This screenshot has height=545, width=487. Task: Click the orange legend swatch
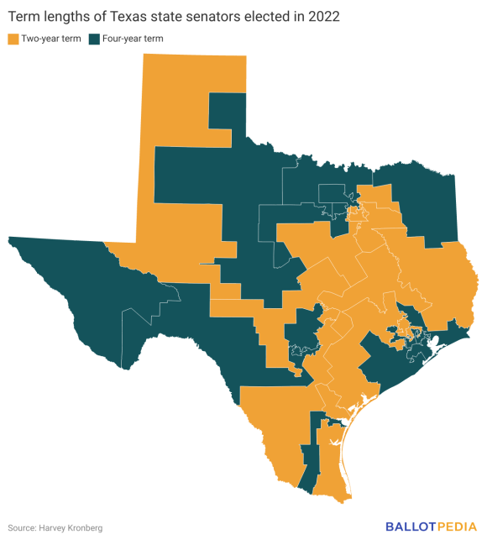tap(13, 39)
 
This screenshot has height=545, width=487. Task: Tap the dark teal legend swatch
tap(92, 39)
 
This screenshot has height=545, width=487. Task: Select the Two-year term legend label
tap(50, 39)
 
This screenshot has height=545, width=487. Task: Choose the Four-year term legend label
tap(131, 39)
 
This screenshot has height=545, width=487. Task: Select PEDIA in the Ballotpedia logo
tap(458, 527)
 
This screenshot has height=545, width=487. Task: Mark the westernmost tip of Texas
tap(9, 239)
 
